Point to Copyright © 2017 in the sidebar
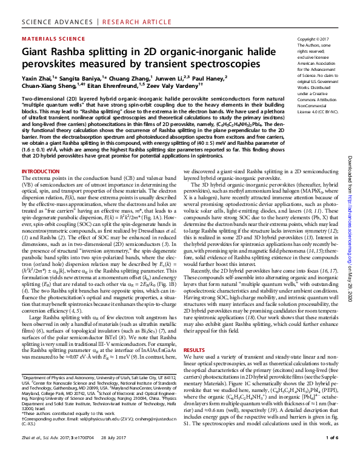click(316, 38)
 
